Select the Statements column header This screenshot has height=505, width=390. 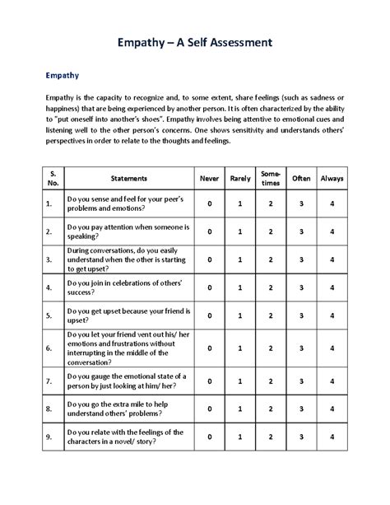pos(127,177)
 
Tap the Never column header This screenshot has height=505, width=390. pos(210,177)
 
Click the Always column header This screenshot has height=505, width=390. pos(332,177)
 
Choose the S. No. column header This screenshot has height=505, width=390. pos(52,177)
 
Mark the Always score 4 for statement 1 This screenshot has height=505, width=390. pos(332,203)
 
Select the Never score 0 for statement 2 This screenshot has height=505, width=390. pos(210,231)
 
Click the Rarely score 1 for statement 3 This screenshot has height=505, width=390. pos(239,260)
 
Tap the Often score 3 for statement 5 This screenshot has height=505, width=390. pos(302,316)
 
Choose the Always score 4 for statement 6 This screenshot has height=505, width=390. pos(332,348)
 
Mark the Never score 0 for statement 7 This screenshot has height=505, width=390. pos(210,381)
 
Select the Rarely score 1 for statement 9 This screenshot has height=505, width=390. pos(239,436)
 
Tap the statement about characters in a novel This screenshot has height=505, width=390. pos(125,436)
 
